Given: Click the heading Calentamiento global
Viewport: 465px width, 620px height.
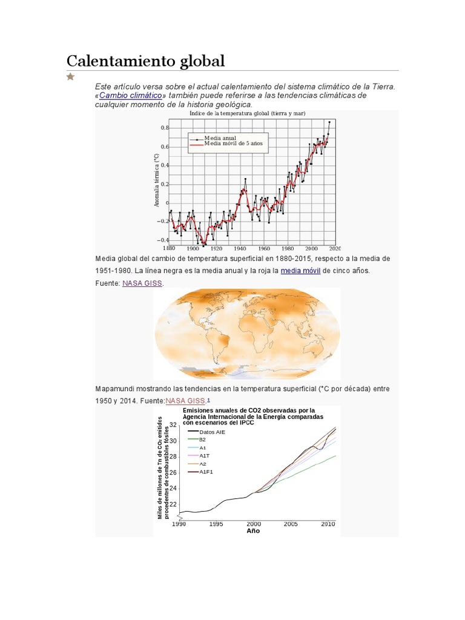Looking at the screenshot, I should pyautogui.click(x=145, y=61).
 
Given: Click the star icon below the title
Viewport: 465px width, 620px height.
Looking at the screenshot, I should pyautogui.click(x=71, y=76).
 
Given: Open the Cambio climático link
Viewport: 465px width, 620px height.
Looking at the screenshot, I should pyautogui.click(x=131, y=96).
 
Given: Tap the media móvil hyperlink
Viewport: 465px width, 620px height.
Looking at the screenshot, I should pyautogui.click(x=300, y=271).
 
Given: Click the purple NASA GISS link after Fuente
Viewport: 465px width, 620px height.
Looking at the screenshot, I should pyautogui.click(x=142, y=283).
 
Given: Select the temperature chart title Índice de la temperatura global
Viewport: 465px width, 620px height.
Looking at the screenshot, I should pyautogui.click(x=247, y=113).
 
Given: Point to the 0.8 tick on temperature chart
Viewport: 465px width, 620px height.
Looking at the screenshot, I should pyautogui.click(x=164, y=128).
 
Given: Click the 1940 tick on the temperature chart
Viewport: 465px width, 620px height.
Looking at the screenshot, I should pyautogui.click(x=240, y=248).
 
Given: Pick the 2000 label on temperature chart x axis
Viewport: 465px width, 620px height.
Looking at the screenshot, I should pyautogui.click(x=311, y=248).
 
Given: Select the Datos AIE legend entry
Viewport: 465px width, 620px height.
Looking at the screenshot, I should pyautogui.click(x=211, y=432).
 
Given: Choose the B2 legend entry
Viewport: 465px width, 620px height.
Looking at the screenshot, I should pyautogui.click(x=203, y=440).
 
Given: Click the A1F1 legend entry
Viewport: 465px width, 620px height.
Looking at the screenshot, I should pyautogui.click(x=207, y=471).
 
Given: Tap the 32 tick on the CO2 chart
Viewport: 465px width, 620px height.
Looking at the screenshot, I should pyautogui.click(x=172, y=424).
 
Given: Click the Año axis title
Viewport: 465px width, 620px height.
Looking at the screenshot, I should pyautogui.click(x=253, y=531).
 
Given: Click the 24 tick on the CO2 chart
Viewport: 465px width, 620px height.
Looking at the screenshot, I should pyautogui.click(x=172, y=488).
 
